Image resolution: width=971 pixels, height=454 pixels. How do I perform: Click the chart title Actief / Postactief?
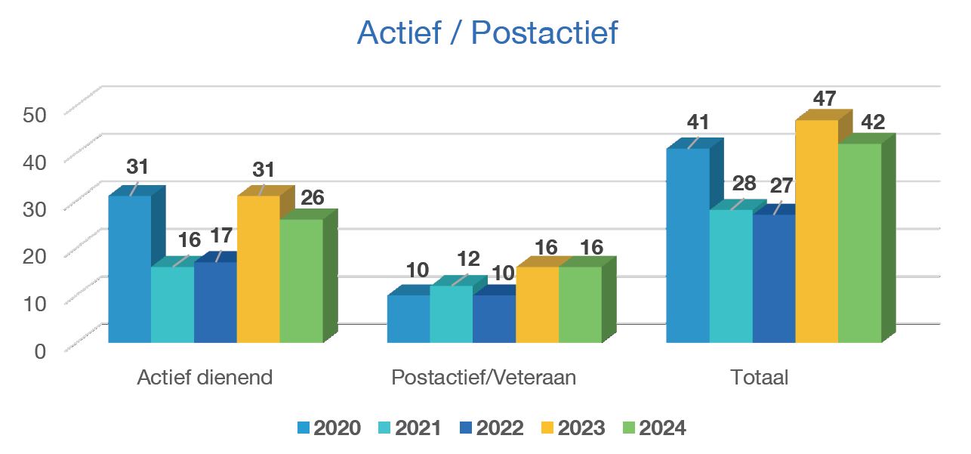(487, 33)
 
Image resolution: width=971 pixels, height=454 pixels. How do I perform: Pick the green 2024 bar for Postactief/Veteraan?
(580, 304)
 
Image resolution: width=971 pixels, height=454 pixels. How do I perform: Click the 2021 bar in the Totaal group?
(730, 276)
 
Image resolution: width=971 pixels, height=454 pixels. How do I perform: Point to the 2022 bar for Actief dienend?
(215, 302)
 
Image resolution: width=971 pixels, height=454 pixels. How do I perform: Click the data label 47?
(825, 99)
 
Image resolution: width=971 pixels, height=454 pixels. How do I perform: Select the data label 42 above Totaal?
(873, 122)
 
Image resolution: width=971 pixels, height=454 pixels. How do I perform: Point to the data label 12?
(468, 259)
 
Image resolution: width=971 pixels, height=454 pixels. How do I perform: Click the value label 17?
(220, 236)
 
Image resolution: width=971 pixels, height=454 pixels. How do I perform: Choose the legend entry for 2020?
(328, 428)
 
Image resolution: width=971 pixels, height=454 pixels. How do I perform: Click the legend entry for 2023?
(572, 428)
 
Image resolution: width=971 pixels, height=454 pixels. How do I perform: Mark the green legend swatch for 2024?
(628, 428)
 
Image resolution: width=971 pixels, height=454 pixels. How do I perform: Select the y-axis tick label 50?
(35, 114)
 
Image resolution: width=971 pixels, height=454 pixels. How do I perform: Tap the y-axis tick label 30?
(35, 208)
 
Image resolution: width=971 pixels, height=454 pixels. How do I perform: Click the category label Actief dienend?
(204, 378)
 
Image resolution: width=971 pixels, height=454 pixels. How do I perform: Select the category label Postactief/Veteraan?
(483, 378)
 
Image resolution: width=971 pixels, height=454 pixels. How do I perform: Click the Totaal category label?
(759, 378)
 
